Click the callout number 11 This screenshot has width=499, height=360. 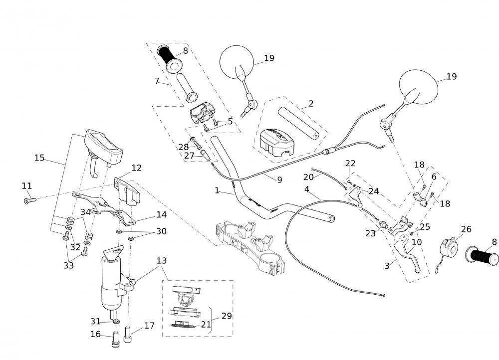point(26,186)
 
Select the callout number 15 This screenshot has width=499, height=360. point(39,158)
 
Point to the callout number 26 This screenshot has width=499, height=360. point(466,230)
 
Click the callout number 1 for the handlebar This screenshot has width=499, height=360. point(217,190)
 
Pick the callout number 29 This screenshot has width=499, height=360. point(227,316)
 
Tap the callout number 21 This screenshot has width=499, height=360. point(206,325)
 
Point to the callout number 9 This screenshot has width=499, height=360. point(279,180)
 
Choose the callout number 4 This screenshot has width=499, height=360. point(307,189)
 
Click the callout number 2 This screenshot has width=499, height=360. point(311,104)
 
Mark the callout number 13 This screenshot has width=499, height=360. point(161,261)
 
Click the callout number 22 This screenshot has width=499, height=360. point(350,164)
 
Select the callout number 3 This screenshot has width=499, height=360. point(387,266)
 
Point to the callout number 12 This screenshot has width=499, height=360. point(136,168)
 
